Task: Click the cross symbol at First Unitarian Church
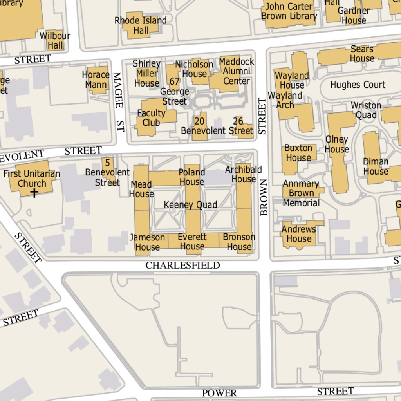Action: tap(34, 193)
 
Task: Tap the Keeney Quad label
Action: tap(190, 205)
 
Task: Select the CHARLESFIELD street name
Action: tap(182, 266)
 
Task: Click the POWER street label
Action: tap(219, 393)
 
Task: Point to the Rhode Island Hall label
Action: tap(141, 25)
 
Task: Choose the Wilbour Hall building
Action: tap(55, 40)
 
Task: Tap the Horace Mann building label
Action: tap(96, 79)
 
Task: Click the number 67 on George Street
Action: tap(175, 81)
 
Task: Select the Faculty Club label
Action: tap(151, 118)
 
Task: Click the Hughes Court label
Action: tap(358, 85)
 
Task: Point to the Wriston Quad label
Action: tap(366, 110)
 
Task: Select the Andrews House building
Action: tap(298, 234)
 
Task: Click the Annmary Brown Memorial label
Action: tap(301, 193)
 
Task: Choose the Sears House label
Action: tap(362, 54)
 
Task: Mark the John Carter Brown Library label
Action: tap(289, 11)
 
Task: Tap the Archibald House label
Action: tap(243, 174)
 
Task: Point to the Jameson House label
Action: tap(147, 242)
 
